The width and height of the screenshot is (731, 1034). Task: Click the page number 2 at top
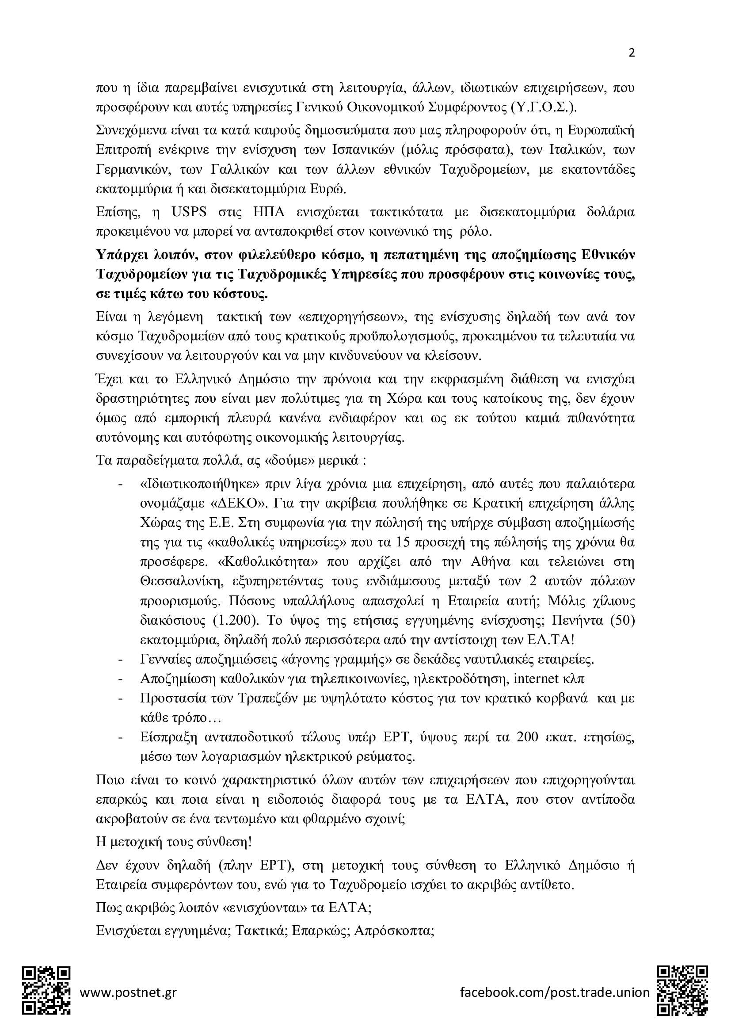(631, 53)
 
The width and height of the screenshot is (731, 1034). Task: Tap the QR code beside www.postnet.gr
(46, 990)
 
